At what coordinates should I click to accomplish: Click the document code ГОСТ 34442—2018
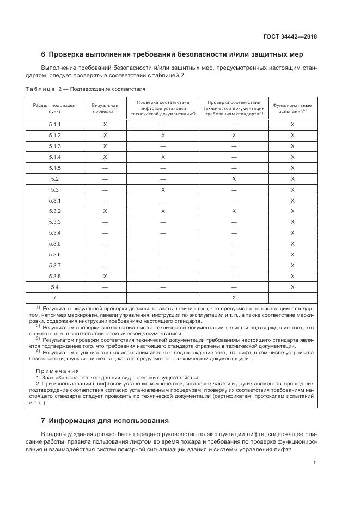pos(290,37)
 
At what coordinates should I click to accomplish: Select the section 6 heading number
pos(43,54)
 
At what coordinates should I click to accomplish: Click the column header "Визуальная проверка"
pos(105,107)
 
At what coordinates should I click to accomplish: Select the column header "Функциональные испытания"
pos(292,107)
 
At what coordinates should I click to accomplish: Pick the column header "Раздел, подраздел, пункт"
pos(54,107)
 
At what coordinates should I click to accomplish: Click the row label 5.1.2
pos(54,135)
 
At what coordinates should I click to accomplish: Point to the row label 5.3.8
pos(54,276)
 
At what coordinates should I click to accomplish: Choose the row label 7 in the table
pos(54,298)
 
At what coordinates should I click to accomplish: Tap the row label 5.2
pos(54,179)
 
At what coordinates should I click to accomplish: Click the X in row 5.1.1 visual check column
pos(105,125)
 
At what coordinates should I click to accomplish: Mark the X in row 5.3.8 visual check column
pos(105,276)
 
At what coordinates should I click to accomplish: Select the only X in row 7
pos(234,298)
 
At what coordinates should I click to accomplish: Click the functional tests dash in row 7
pos(292,298)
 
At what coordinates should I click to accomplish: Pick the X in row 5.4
pos(292,287)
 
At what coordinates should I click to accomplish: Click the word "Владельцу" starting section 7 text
pos(58,434)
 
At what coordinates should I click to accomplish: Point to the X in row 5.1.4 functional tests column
pos(292,157)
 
